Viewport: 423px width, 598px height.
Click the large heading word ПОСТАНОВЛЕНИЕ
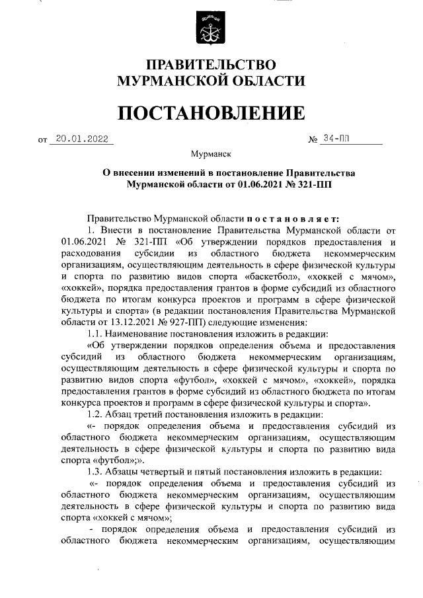coord(211,114)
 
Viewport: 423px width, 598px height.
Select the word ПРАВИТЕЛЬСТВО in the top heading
coord(211,65)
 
